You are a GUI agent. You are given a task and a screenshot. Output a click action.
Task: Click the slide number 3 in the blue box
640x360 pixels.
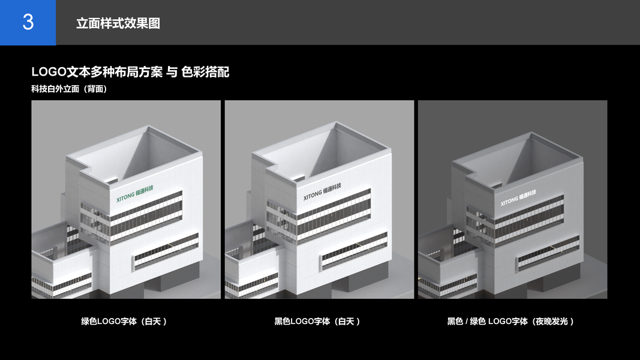tap(28, 22)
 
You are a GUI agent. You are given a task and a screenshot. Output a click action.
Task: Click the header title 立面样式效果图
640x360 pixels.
tap(118, 23)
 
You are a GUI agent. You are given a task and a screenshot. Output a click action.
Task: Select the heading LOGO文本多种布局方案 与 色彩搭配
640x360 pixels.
tap(130, 72)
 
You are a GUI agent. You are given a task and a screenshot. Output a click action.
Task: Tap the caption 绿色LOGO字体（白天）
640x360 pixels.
tap(124, 322)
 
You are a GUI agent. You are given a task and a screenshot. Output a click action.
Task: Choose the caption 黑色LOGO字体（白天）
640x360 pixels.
tap(317, 322)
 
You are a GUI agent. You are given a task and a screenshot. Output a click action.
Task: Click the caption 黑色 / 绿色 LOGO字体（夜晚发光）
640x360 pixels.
tap(511, 322)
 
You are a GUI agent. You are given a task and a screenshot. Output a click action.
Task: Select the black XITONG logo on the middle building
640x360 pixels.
tap(322, 191)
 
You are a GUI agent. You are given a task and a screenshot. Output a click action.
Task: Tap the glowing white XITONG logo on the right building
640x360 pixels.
tap(518, 197)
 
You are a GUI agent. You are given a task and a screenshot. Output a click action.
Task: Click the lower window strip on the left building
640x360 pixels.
tap(166, 250)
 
